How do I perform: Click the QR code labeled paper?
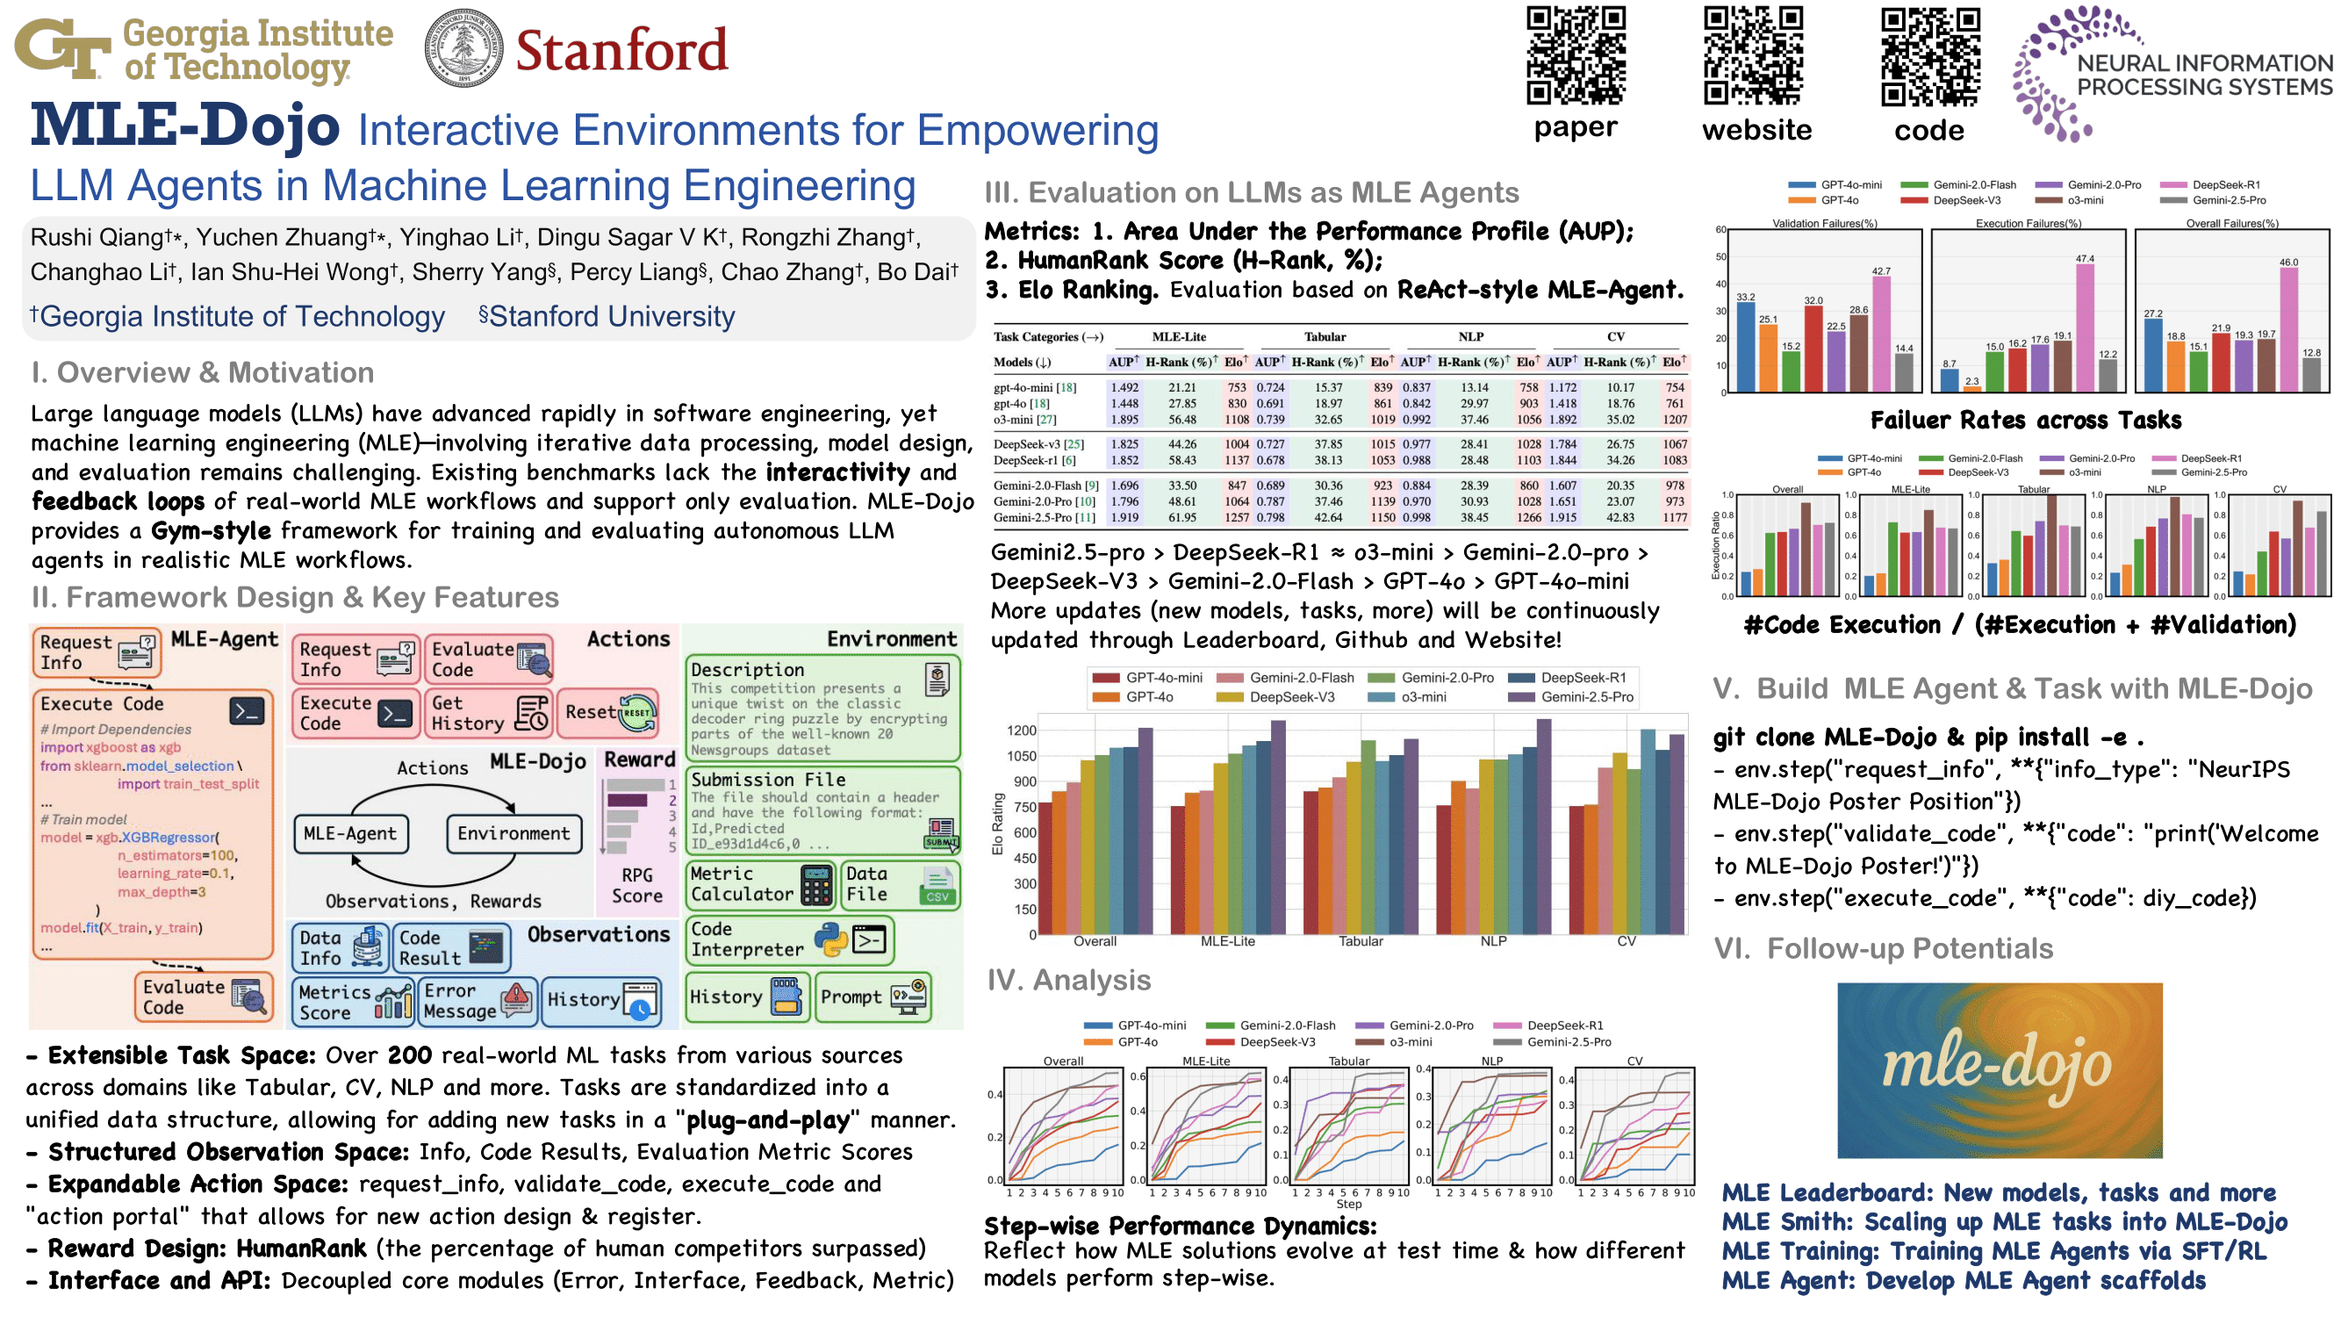1575,55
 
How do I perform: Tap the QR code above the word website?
1753,55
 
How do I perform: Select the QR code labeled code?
1930,55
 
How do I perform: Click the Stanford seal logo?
463,48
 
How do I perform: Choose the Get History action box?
489,714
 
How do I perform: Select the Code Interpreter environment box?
789,939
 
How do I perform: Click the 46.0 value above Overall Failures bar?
2287,263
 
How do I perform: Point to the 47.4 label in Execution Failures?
2085,259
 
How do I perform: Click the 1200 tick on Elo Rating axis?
1022,730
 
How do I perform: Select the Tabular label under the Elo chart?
1360,941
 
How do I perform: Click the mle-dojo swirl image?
2000,1069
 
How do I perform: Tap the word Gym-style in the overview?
211,531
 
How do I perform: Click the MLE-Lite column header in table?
1179,336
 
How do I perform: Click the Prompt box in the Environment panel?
872,997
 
